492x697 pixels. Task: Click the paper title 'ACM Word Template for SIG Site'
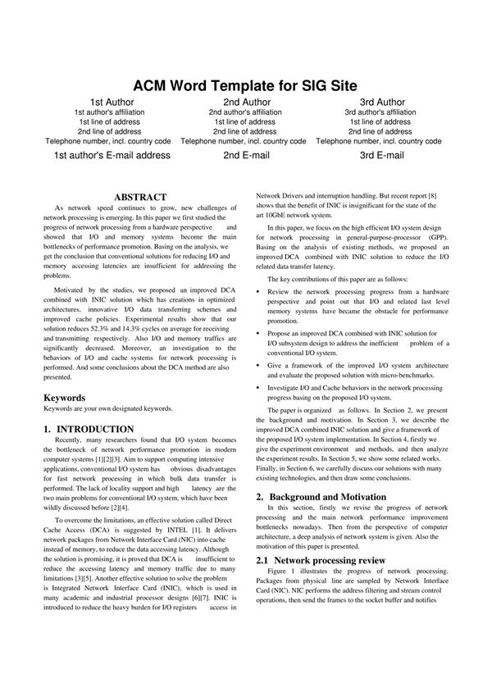(245, 86)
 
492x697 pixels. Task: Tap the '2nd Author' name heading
(245, 102)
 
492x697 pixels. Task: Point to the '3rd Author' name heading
(382, 102)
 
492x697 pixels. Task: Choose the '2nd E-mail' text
(245, 155)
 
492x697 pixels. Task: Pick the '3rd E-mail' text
(382, 155)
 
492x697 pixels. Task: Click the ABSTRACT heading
(140, 198)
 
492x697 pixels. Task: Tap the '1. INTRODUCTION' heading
(89, 429)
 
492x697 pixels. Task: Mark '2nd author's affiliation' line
(245, 112)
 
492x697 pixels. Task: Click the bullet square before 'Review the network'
(259, 292)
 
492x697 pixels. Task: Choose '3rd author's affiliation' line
(382, 112)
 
